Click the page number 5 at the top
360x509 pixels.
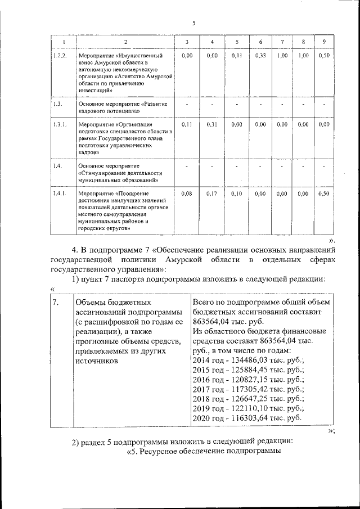click(x=193, y=23)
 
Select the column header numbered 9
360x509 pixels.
click(x=323, y=43)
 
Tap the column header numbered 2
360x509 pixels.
click(x=125, y=43)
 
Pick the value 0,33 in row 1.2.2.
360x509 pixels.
click(x=260, y=56)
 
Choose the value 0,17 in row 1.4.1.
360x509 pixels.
click(x=212, y=193)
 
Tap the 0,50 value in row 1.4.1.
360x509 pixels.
click(x=323, y=193)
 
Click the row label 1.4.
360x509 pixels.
click(x=57, y=166)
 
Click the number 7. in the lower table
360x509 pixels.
click(x=56, y=303)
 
